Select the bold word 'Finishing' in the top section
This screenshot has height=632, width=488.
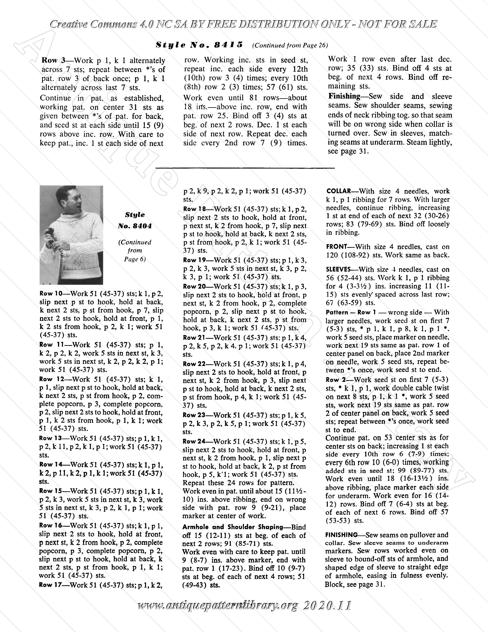point(344,96)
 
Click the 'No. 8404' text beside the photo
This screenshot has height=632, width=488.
point(135,226)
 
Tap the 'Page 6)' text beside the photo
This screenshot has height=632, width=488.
point(135,259)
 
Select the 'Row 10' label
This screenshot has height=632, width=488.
point(51,293)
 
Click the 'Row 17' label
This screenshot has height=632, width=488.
point(50,585)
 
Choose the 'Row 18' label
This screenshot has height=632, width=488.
point(195,209)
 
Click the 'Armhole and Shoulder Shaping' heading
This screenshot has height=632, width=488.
point(233,527)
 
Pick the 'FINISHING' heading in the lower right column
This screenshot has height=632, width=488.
point(341,535)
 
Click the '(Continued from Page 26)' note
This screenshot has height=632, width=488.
point(290,45)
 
